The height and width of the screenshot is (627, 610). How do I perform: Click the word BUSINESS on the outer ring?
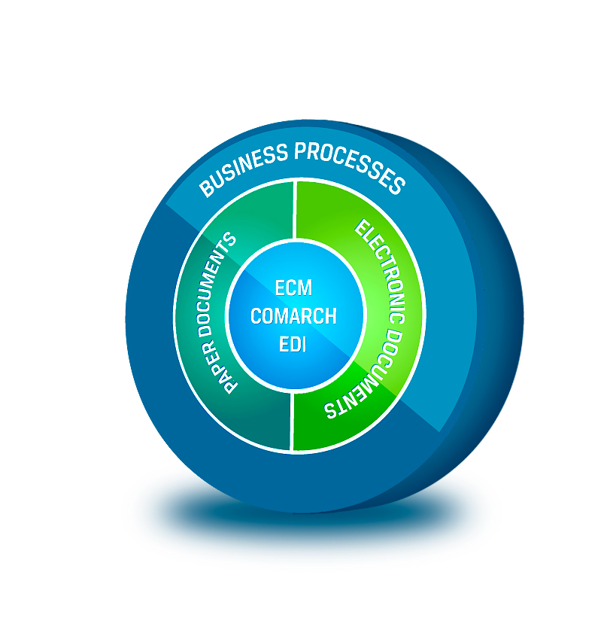[x=243, y=168]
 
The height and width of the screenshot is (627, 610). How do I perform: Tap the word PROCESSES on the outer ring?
[x=351, y=165]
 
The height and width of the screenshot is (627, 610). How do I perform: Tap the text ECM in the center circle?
[x=293, y=288]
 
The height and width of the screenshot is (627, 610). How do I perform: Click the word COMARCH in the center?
[x=293, y=316]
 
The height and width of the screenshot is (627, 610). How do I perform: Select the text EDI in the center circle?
[x=293, y=344]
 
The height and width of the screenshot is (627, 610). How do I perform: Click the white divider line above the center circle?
[x=294, y=210]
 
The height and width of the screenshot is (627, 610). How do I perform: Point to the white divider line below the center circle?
[x=291, y=422]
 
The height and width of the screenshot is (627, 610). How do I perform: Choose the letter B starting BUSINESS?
[x=208, y=188]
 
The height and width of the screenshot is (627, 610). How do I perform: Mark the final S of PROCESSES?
[x=396, y=184]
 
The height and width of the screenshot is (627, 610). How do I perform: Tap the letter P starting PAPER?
[x=230, y=387]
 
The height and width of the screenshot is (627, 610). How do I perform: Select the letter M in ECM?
[x=305, y=288]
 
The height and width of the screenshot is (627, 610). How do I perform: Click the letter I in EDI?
[x=305, y=344]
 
